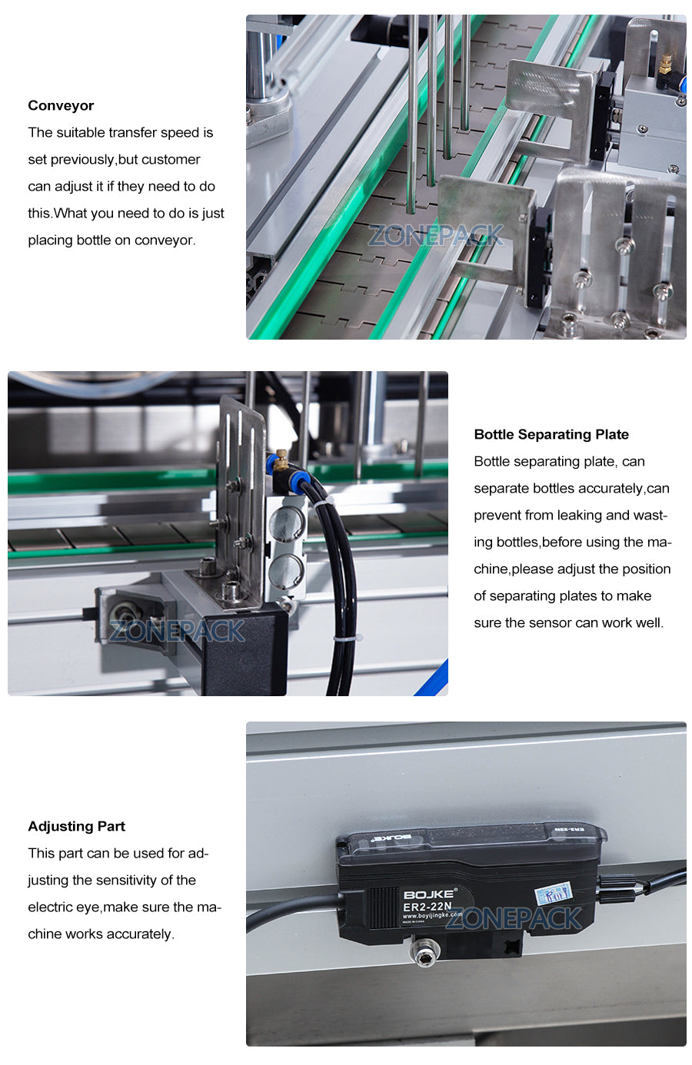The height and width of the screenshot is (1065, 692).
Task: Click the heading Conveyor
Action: (61, 105)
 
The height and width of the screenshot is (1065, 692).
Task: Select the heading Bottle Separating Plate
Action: (551, 434)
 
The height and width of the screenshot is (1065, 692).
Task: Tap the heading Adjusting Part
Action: (76, 826)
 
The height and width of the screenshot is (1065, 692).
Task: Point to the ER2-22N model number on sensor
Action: (428, 907)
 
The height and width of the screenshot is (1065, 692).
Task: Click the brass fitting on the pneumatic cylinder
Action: (281, 460)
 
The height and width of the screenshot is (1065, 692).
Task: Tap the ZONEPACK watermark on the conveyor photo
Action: (436, 235)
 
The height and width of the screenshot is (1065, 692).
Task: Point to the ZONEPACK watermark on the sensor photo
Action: (514, 917)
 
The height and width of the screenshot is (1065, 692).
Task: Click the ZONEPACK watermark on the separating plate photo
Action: (177, 631)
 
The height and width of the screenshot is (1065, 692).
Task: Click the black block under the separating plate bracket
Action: (245, 653)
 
